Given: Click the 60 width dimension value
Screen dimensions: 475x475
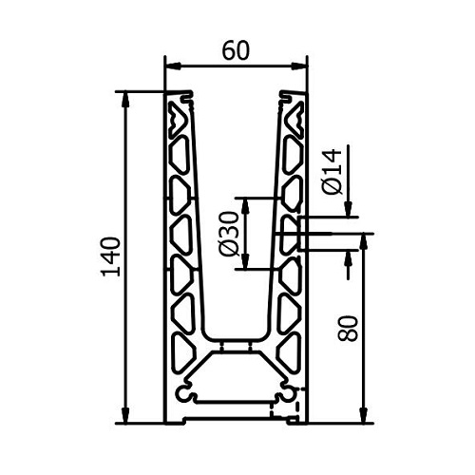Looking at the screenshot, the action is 236,50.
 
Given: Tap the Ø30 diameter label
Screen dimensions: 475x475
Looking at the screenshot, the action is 229,234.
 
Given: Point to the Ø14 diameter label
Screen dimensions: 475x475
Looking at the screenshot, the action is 332,172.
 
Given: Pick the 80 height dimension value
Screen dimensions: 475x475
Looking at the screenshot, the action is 348,328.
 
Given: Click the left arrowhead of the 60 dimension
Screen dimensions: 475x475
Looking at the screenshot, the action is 173,66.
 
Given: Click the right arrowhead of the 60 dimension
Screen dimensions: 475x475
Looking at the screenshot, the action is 299,66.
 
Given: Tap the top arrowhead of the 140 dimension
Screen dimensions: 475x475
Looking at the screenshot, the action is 125,100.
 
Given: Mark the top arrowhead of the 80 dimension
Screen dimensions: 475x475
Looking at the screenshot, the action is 364,242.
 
